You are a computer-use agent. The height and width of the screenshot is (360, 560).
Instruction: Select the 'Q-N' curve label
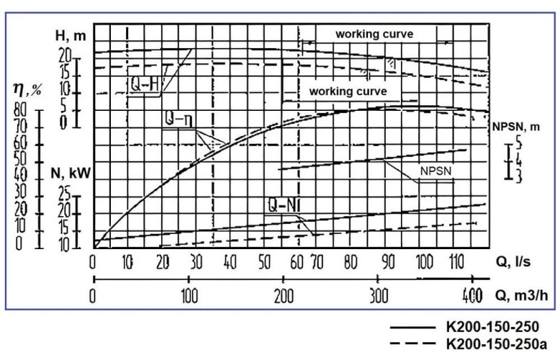(x=283, y=205)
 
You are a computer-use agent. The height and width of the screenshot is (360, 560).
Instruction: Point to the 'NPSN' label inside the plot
(x=435, y=173)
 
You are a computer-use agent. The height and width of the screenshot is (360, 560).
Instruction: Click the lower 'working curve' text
(x=348, y=92)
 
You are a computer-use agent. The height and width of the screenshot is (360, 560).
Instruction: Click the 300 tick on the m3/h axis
(x=379, y=294)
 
